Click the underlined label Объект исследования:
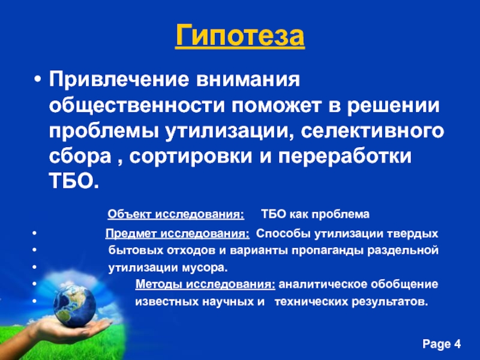coord(175,214)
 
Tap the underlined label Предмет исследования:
coord(178,233)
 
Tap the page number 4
coord(458,344)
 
